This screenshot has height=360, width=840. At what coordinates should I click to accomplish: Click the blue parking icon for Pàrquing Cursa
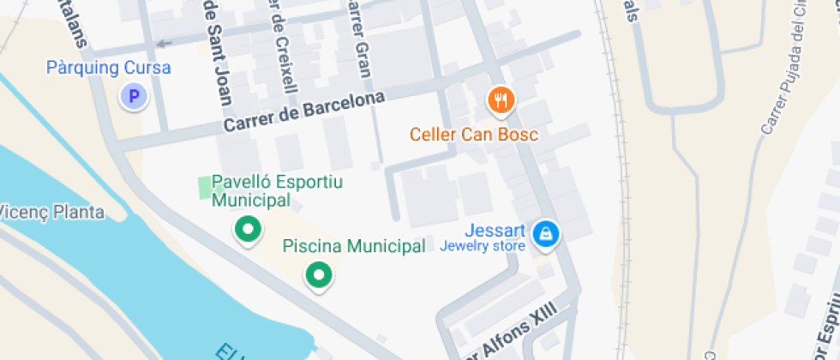(x=133, y=96)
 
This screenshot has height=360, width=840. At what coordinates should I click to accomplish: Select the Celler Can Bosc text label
(x=473, y=135)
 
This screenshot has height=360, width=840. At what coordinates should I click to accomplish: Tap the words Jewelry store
(x=482, y=247)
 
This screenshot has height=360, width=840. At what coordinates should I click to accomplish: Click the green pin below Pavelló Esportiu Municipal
(x=248, y=230)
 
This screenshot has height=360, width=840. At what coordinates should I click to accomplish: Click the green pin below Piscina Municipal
(x=320, y=275)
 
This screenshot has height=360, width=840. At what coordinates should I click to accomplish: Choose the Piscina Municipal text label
(x=354, y=247)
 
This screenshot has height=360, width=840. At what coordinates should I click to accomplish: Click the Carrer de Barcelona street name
(x=304, y=111)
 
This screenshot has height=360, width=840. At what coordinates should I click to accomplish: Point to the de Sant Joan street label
(x=217, y=51)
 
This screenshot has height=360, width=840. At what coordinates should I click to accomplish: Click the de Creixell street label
(x=284, y=47)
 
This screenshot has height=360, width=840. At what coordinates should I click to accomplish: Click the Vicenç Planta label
(x=51, y=212)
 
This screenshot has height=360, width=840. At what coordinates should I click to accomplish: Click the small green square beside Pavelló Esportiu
(x=204, y=187)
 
